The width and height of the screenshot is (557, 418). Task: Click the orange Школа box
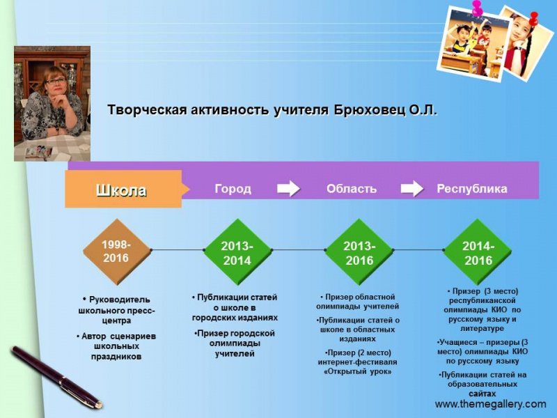pos(123,189)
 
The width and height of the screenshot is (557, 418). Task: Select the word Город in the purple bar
pos(233,189)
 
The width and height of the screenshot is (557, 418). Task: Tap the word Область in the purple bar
pos(352,189)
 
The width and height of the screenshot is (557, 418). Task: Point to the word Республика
pos(471,189)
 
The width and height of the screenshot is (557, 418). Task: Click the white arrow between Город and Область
pos(288,189)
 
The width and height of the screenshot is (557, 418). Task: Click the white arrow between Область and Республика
pos(411,189)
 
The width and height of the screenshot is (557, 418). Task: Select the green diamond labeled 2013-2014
pos(237,252)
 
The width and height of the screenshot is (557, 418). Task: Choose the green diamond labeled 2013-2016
pos(359,252)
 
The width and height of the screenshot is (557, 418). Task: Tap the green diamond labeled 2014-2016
pos(478,252)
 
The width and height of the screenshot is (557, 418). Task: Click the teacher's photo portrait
pos(52,103)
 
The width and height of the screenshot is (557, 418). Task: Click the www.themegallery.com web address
pos(490,404)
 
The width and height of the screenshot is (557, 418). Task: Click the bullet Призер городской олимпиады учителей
pos(235,343)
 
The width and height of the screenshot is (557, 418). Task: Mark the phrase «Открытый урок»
pos(358,372)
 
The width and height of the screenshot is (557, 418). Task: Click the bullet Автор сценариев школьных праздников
pos(116,346)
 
